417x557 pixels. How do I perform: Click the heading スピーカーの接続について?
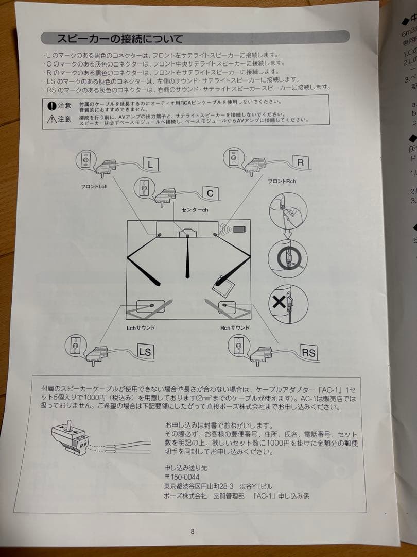click(x=119, y=38)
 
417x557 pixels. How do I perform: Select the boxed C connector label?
click(x=210, y=193)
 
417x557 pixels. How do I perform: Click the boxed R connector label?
click(x=300, y=162)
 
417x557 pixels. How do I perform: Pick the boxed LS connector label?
click(x=146, y=353)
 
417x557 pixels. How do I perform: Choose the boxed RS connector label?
click(x=308, y=353)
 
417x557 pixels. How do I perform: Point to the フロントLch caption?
click(x=94, y=186)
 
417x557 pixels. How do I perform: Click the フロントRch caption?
click(x=282, y=182)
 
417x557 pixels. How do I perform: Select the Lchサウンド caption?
click(x=141, y=327)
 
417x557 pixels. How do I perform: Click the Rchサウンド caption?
click(x=234, y=327)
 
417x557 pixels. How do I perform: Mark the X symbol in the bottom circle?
click(x=279, y=302)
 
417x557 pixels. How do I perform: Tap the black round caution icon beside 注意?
click(x=52, y=106)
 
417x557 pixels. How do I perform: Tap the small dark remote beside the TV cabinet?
click(x=240, y=230)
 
